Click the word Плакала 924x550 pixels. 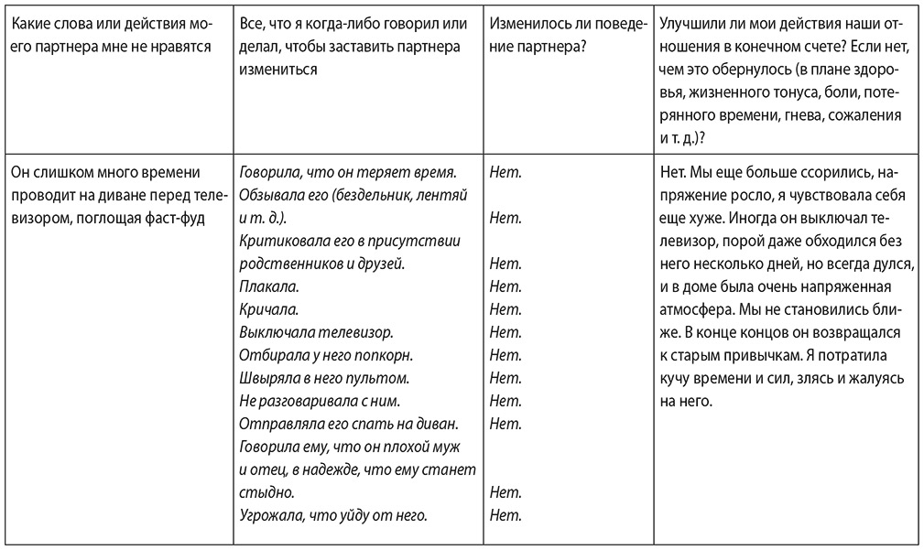tap(263, 286)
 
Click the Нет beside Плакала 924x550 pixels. tap(505, 286)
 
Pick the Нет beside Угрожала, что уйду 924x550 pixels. tap(505, 515)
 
